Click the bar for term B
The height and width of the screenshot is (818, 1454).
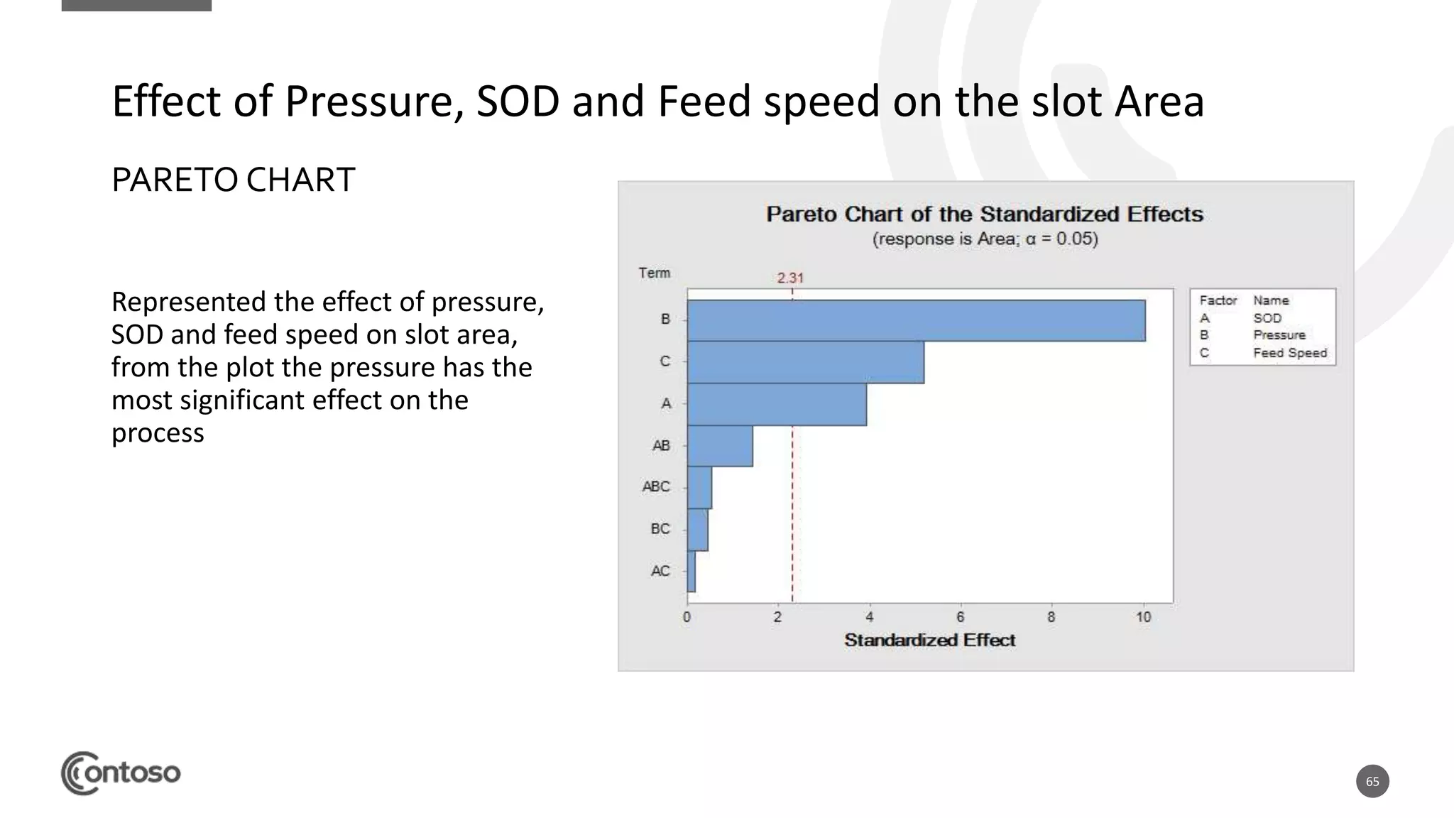[x=916, y=320]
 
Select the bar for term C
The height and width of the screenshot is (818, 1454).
[x=805, y=362]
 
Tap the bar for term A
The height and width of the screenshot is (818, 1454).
[x=776, y=404]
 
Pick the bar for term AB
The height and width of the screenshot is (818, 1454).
[x=719, y=446]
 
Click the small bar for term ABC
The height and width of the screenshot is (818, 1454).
[x=699, y=487]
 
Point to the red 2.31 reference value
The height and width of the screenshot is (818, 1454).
[x=789, y=278]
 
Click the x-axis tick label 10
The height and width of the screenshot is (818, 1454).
[x=1143, y=617]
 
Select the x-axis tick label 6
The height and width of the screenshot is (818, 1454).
[x=960, y=617]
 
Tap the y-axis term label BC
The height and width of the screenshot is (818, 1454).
[x=660, y=529]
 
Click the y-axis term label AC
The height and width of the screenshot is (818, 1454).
[x=660, y=571]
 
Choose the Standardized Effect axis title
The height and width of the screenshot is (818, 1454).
[x=929, y=640]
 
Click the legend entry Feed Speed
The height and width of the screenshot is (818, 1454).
[x=1289, y=353]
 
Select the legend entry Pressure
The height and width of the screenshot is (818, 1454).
[x=1279, y=335]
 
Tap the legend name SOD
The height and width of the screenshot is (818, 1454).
[x=1267, y=318]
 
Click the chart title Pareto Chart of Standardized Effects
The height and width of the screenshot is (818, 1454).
[x=984, y=214]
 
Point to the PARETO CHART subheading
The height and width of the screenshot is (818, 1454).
[x=233, y=180]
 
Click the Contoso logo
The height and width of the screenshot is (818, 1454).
[x=121, y=773]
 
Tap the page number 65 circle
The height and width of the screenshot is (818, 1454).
[x=1372, y=781]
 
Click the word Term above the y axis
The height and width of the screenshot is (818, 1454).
[x=654, y=273]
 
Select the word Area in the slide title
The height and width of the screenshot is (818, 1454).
[x=1159, y=101]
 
